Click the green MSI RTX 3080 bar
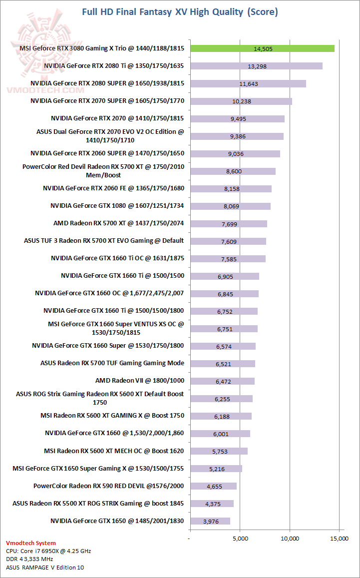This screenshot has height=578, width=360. pos(262,48)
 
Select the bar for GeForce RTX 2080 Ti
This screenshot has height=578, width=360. pos(256,66)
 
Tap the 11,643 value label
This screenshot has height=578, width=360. pos(249,83)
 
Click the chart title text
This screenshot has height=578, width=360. pos(180,11)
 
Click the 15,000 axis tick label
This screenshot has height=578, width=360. pos(340,539)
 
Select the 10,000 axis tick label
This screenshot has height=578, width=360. pos(290,539)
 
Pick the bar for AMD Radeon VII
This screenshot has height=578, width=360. pos(222,381)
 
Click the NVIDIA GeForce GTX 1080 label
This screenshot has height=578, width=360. pos(117,205)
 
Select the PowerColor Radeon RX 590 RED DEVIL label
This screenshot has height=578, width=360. pos(109,486)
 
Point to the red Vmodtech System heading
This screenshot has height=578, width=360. pos(31,543)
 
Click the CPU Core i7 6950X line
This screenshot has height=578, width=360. pos(48,551)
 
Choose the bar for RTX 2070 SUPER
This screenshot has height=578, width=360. pos(241,101)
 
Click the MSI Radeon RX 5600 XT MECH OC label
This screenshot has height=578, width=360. pos(114,451)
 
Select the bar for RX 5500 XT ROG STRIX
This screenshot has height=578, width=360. pos(212,504)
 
